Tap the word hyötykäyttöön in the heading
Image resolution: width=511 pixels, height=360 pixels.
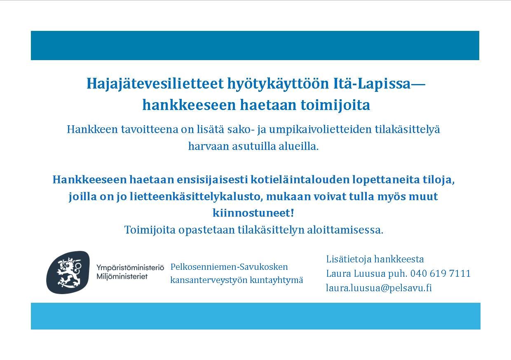(x=278, y=84)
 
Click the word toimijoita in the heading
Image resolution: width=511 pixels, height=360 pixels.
(x=335, y=105)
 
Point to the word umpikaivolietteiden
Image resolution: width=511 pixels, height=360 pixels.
(x=321, y=129)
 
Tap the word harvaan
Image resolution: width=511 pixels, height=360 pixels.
(x=209, y=146)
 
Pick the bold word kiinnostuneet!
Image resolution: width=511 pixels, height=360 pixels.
(x=253, y=213)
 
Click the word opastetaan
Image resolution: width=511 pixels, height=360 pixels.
(x=206, y=230)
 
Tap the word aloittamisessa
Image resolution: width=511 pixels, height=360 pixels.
(x=345, y=230)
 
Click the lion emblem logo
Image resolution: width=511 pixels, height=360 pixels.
(x=68, y=272)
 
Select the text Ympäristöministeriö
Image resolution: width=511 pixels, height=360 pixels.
(x=130, y=268)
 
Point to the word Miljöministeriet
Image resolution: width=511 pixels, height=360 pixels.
(x=122, y=276)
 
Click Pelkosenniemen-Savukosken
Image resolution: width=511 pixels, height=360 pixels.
(x=229, y=267)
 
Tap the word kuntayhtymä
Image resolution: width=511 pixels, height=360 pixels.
(x=277, y=280)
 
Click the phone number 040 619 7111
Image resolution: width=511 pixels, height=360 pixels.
(x=441, y=274)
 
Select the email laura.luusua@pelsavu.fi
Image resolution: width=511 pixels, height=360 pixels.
(x=379, y=288)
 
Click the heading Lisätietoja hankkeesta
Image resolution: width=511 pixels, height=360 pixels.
(x=375, y=259)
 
